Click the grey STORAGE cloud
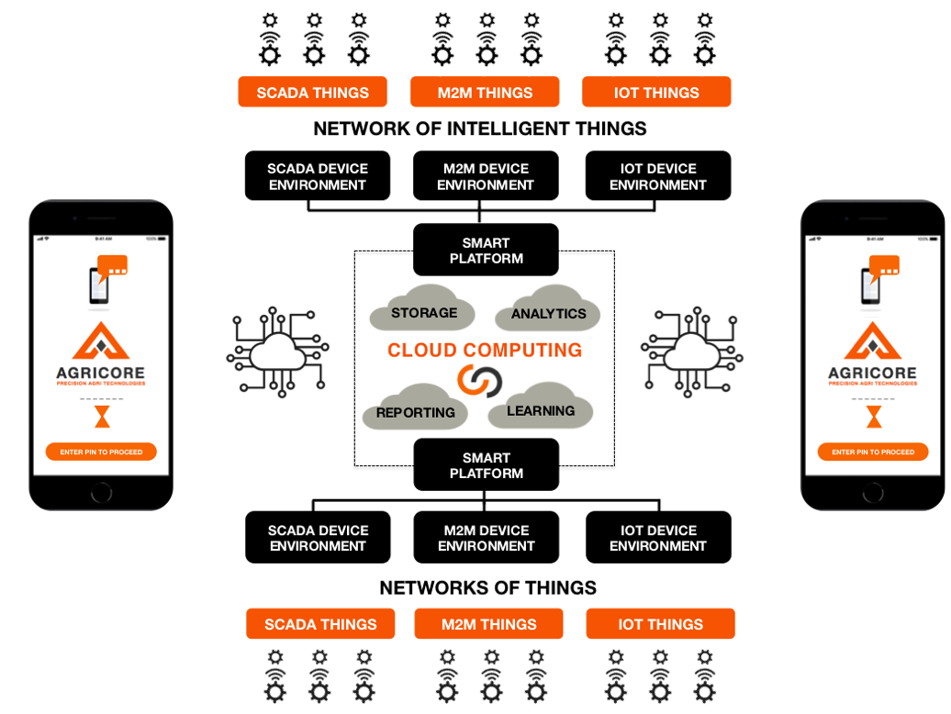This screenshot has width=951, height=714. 423,313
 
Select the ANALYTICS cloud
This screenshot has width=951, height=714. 548,313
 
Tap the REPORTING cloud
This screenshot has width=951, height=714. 415,412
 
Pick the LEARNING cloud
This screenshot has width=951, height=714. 541,409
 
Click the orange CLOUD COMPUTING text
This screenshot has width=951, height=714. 485,350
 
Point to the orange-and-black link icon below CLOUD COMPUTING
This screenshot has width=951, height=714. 478,379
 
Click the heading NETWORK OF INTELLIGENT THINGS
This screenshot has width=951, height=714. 480,128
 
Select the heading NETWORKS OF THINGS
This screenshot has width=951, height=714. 488,587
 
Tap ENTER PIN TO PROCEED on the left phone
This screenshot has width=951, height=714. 101,452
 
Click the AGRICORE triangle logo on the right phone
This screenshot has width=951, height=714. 872,341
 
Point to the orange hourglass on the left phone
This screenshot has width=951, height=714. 101,418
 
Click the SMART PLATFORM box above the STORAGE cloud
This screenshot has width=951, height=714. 486,250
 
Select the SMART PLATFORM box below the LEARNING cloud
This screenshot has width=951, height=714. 486,464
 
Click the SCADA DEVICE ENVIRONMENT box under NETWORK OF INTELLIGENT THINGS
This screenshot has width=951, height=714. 318,176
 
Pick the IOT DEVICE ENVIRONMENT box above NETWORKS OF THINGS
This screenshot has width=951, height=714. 658,538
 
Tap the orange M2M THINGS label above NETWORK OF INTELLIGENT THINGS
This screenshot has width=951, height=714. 485,93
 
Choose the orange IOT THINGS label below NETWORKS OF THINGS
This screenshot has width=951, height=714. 660,624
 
